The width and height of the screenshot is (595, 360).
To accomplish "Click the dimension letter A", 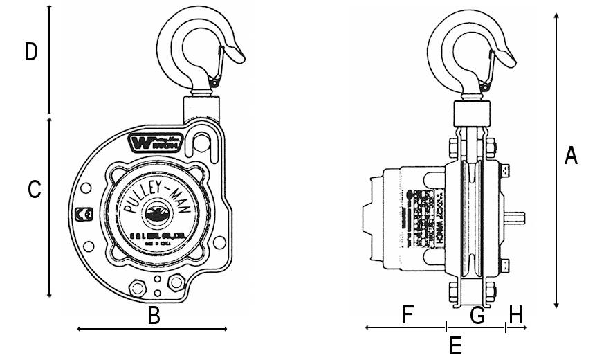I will pos(571,156).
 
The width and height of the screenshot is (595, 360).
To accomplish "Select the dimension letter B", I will pos(154,316).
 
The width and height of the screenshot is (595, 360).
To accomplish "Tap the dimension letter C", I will pos(34,190).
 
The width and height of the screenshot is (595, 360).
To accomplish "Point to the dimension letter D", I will pos(30,52).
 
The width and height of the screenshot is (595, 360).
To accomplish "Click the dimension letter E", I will pos(455,345).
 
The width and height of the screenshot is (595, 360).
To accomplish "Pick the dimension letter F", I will pos(408,315).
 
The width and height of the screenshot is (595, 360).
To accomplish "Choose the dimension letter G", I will pos(477,316).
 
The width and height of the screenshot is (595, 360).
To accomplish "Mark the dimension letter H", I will pos(515,316).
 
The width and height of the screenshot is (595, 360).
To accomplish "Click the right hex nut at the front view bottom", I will pos(176,282).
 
